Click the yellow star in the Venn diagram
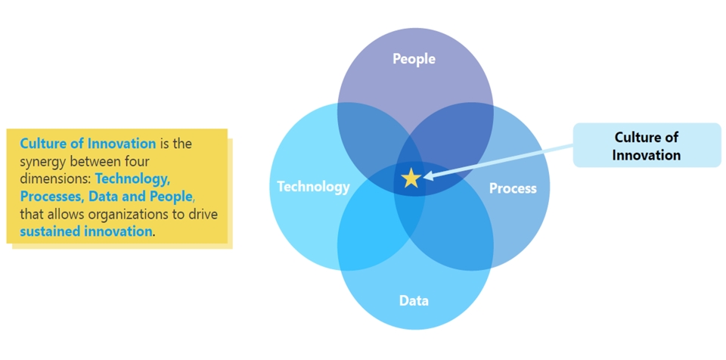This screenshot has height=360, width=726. (x=411, y=178)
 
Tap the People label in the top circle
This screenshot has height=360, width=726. (x=414, y=58)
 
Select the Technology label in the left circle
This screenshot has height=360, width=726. (x=313, y=186)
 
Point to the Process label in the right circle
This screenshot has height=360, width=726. (x=513, y=188)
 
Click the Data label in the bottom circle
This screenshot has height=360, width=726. (x=414, y=301)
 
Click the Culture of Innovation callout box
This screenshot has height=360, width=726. (x=647, y=145)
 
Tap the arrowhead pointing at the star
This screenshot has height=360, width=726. (x=428, y=176)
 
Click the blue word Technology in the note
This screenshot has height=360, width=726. (x=132, y=179)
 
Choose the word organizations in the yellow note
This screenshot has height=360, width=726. (x=144, y=214)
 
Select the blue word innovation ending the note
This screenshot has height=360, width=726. (x=116, y=231)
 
